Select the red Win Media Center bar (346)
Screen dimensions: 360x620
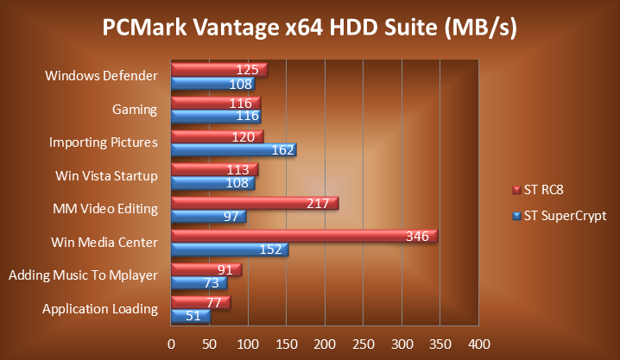(304, 236)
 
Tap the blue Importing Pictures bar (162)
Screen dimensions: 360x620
(233, 150)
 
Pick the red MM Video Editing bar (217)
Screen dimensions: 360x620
(255, 203)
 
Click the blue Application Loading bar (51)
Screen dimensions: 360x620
(190, 317)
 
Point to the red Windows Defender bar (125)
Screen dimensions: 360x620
(219, 69)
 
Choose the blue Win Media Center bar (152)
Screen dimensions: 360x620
(230, 250)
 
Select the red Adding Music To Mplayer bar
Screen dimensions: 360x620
(206, 269)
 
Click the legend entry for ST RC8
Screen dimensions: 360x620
(544, 189)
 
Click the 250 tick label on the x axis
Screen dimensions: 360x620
(363, 344)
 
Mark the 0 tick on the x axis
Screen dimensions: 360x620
(172, 344)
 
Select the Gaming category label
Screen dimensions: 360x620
(134, 110)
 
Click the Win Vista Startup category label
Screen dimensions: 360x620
(106, 176)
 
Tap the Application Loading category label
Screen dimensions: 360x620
(100, 308)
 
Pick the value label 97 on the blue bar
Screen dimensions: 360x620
(231, 216)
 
